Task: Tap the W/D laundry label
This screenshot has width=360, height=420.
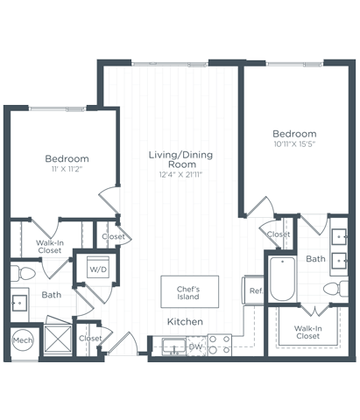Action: point(96,270)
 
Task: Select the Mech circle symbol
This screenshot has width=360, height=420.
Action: point(21,341)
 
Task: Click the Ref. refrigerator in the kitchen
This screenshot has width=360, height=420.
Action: point(255,290)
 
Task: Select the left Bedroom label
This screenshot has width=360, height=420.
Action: point(67,158)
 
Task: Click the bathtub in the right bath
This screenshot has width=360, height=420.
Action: point(282,278)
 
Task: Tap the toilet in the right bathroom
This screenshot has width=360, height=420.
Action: point(334,289)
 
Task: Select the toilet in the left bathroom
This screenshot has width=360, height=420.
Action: point(24,275)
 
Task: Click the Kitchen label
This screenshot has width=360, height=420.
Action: point(186,322)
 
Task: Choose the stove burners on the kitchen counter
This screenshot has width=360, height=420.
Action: point(219,344)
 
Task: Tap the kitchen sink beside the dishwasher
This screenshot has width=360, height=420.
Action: point(173,345)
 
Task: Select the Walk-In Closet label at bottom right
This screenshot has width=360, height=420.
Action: point(307,332)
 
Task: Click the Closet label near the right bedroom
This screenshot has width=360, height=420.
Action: point(279,234)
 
